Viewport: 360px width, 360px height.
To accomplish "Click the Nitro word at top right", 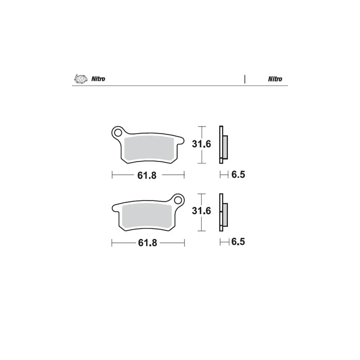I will tap(274, 79).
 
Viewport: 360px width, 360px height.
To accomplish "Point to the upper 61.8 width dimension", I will tap(147, 175).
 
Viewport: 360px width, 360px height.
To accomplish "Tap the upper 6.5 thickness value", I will tap(238, 175).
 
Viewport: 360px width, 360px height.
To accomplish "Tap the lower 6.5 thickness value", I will tap(238, 241).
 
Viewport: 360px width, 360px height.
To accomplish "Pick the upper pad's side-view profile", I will tap(223, 146).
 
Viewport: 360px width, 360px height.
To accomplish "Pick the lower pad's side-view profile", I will tap(223, 212).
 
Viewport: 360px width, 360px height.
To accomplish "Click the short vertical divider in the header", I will tap(245, 79).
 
